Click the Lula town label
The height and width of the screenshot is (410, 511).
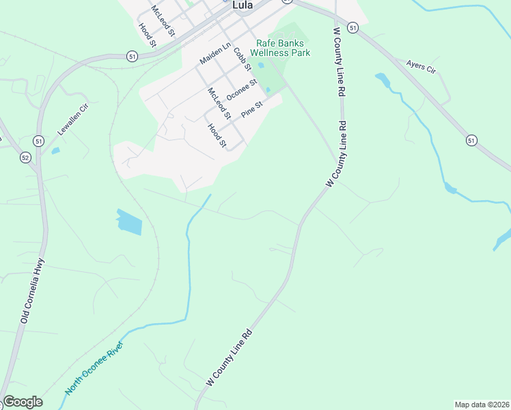click(243, 4)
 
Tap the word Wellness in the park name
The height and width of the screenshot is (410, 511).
click(282, 53)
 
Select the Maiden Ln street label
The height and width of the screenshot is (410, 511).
click(214, 52)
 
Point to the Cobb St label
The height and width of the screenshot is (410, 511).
click(243, 59)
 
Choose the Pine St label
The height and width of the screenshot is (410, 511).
click(251, 109)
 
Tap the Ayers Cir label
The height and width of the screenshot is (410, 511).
click(421, 66)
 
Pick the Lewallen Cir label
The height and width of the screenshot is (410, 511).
click(74, 117)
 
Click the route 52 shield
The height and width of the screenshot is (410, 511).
click(25, 157)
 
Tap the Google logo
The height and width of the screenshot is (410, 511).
click(23, 402)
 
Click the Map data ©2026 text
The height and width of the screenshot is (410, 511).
click(482, 405)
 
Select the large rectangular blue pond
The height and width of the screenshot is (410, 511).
click(129, 222)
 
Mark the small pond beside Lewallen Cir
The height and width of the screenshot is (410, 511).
click(55, 150)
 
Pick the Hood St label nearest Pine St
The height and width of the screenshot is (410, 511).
click(217, 135)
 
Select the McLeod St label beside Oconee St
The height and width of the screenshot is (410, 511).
click(220, 102)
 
